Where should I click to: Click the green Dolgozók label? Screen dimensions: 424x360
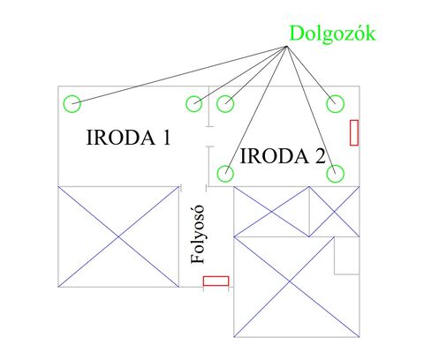tap(333, 34)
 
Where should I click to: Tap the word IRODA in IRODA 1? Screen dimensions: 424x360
tap(120, 138)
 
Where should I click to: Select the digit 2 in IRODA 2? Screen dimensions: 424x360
tap(320, 156)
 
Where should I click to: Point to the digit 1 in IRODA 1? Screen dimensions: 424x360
tap(167, 138)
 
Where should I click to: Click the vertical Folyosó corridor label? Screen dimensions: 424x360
tap(197, 234)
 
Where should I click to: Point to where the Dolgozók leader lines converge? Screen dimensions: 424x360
tap(286, 47)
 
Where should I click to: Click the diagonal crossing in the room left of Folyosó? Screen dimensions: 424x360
tap(118, 236)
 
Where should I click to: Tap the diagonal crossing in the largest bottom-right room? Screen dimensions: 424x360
tap(290, 281)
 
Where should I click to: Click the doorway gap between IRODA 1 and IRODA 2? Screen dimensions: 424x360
tap(209, 136)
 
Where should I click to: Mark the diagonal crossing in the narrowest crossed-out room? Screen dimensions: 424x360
tap(334, 212)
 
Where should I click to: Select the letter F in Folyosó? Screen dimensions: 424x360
tap(197, 259)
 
